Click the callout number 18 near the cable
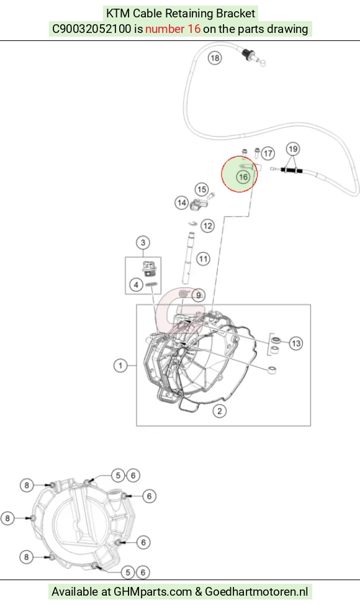215,58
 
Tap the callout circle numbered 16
243,176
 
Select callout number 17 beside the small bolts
268,153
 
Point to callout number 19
293,149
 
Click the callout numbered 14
181,202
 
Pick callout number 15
202,189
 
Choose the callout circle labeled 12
207,225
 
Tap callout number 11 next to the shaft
203,258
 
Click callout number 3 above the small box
143,243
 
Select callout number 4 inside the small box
136,284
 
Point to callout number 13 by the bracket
295,343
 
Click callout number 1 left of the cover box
120,365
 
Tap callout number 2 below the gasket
220,411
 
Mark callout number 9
198,296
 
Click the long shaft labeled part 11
189,258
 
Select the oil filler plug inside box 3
146,268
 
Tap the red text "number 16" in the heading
173,29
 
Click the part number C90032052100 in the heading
92,29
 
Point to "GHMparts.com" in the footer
153,591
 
